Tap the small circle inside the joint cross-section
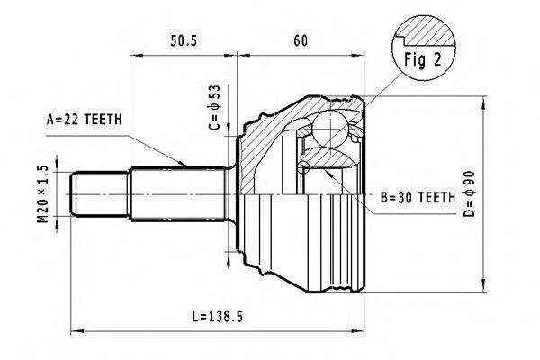303,166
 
